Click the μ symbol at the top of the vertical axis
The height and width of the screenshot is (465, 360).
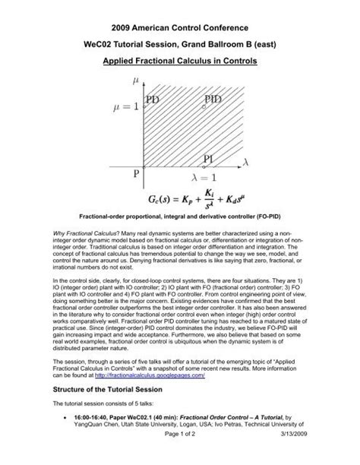[x=137, y=78]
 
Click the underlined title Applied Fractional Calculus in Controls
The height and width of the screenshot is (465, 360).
[x=180, y=57]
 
